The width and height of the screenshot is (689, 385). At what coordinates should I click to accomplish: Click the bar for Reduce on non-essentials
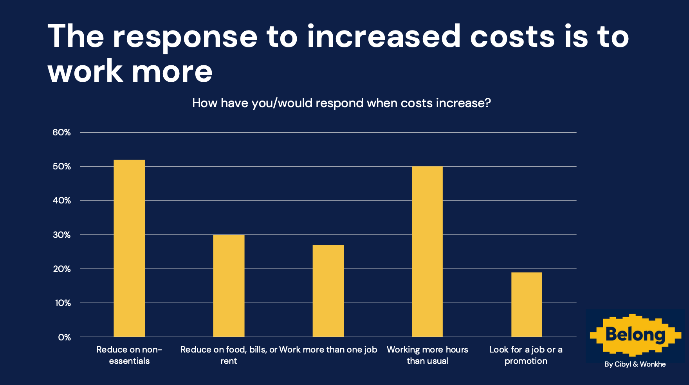(129, 248)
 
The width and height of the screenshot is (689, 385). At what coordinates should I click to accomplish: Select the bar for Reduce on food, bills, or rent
(229, 286)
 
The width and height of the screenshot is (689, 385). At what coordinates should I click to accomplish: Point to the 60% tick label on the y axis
(61, 133)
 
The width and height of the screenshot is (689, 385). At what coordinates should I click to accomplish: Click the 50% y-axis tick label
(61, 167)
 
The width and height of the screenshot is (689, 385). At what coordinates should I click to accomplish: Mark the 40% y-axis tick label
(61, 201)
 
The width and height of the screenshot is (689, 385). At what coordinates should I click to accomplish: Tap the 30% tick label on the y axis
(61, 235)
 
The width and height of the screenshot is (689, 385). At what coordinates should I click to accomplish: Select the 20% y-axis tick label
(61, 269)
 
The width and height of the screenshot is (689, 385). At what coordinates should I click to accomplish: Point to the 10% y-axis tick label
(63, 303)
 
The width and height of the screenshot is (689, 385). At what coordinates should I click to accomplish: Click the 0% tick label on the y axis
(64, 337)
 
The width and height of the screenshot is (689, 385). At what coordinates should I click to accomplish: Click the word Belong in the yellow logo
(635, 335)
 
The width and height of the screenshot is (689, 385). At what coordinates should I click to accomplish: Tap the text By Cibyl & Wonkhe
(635, 364)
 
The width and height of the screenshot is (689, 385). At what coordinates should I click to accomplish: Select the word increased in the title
(384, 37)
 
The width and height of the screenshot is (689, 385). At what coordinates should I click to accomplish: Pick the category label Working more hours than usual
(427, 355)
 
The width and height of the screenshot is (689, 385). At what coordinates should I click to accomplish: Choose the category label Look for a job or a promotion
(526, 355)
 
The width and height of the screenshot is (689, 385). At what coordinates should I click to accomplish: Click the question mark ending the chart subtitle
(487, 103)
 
